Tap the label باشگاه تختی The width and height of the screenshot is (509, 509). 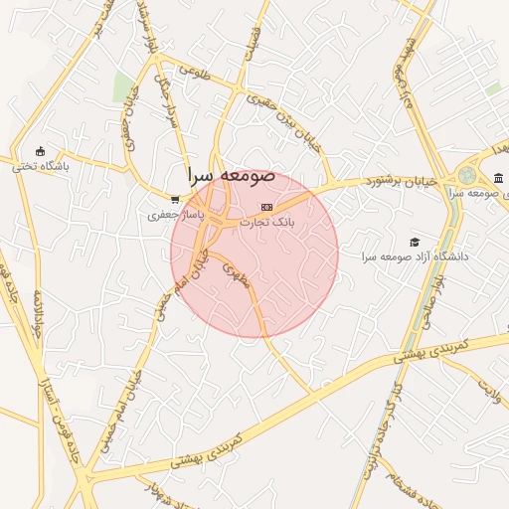point(41,167)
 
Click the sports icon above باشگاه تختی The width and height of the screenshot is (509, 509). point(40,151)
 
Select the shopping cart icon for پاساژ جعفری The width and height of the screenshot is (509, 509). point(175,199)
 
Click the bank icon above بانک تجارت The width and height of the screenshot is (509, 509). point(264,206)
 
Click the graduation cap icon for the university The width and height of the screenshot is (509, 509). point(415,242)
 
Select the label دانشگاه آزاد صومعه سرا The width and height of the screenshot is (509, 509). point(415,256)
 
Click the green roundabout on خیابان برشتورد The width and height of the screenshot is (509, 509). point(467,175)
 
